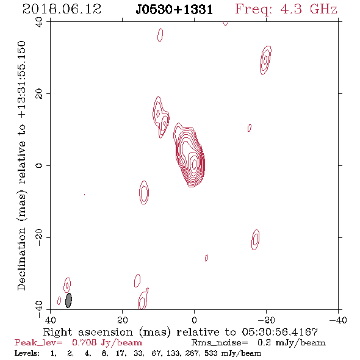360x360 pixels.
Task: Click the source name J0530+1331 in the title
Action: [x=175, y=10]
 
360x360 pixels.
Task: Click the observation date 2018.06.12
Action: [x=62, y=9]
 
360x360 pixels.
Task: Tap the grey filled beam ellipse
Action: [x=68, y=300]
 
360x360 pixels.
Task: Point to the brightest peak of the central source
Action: [x=194, y=164]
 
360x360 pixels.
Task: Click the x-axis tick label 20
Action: [x=123, y=320]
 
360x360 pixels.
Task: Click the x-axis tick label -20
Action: [x=266, y=320]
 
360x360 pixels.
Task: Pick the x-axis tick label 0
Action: [x=194, y=320]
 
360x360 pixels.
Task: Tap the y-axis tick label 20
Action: [x=39, y=94]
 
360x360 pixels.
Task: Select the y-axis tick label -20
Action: [x=39, y=237]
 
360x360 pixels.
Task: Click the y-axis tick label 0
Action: [x=39, y=165]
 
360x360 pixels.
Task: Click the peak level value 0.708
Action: [x=84, y=342]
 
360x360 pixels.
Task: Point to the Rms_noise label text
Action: [x=220, y=343]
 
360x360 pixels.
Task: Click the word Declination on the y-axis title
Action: [x=21, y=259]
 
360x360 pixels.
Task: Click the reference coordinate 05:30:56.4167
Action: [x=280, y=332]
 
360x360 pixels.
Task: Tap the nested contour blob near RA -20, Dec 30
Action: [x=265, y=60]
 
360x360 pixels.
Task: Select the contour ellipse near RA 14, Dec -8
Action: [x=144, y=192]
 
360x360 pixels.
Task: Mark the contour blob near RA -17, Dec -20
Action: [x=255, y=239]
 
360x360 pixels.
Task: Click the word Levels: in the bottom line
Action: [x=27, y=353]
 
